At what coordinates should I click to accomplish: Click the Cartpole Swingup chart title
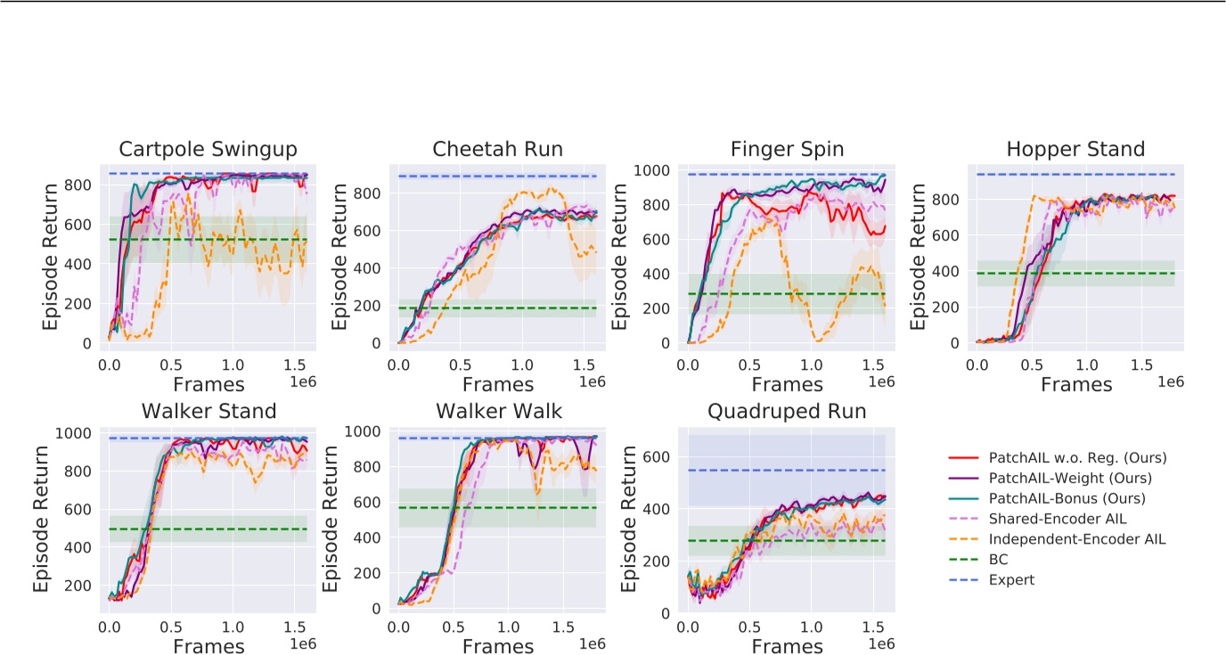(208, 149)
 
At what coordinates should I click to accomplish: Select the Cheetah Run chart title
(497, 149)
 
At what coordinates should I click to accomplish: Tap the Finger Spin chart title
(787, 149)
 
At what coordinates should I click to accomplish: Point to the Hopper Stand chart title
(1075, 149)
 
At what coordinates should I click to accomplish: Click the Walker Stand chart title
(208, 412)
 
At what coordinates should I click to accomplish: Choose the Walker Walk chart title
(497, 412)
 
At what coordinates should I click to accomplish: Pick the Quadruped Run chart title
(787, 412)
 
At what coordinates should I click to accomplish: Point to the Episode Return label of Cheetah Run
(340, 256)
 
